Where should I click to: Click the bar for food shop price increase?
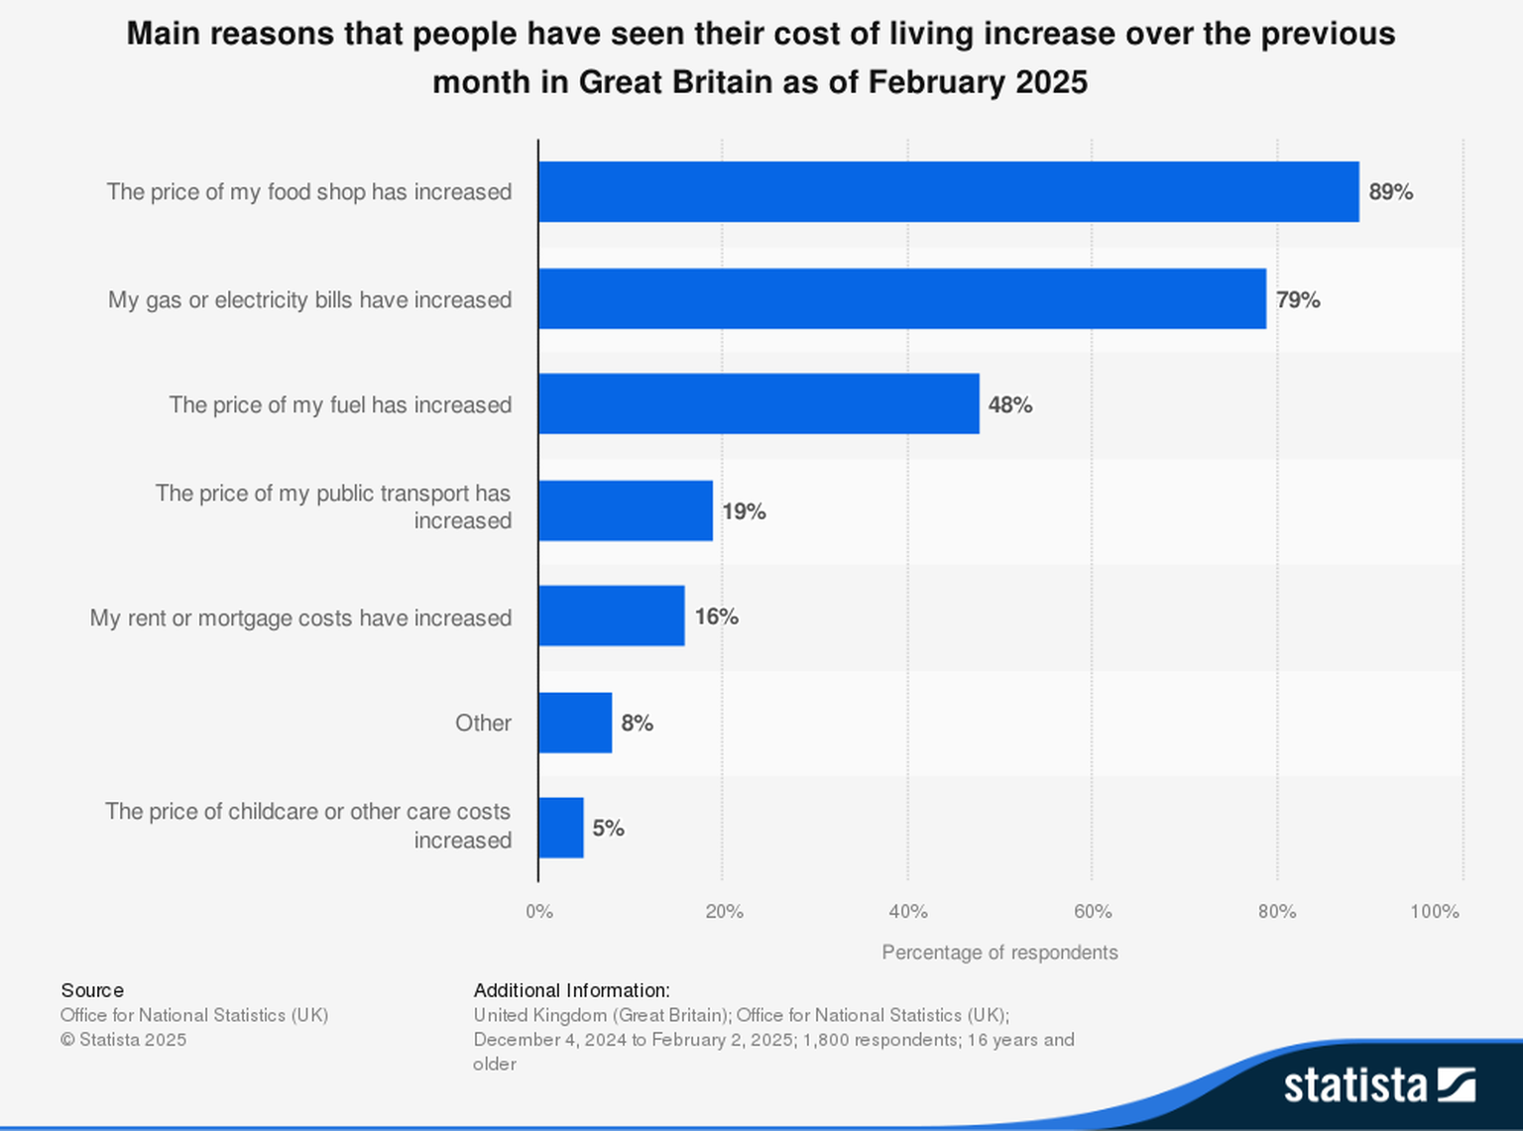[x=948, y=192]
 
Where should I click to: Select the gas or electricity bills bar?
[x=902, y=298]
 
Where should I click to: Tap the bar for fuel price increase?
[x=759, y=403]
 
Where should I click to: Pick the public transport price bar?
[x=626, y=510]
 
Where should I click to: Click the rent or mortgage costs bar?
[x=612, y=616]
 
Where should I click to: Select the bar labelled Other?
[x=575, y=723]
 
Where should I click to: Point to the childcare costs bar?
[x=561, y=828]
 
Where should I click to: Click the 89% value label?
[x=1390, y=192]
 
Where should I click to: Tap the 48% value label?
[x=1009, y=404]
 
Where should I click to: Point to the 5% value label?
[x=608, y=829]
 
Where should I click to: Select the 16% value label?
[x=716, y=617]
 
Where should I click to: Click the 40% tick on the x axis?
[x=907, y=911]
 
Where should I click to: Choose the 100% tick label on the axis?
[x=1434, y=911]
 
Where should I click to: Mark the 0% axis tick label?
[x=539, y=911]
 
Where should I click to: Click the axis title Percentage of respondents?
[x=999, y=953]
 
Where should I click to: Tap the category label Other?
[x=483, y=723]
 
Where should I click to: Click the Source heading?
[x=92, y=990]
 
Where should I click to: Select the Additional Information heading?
[x=571, y=990]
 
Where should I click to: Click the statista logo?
[x=1379, y=1084]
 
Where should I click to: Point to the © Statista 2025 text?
[x=123, y=1040]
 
